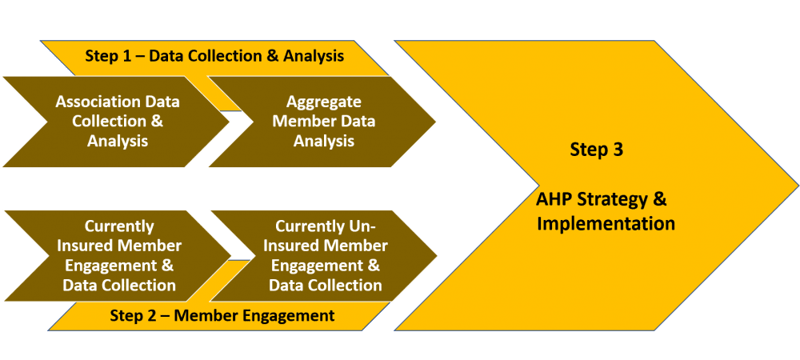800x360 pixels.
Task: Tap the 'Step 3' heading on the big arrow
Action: coord(597,150)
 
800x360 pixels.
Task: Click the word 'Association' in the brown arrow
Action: coord(95,102)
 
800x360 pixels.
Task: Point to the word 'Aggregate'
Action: coord(324,102)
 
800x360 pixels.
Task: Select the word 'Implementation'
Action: coord(606,223)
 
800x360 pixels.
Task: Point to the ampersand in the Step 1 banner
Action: coord(274,55)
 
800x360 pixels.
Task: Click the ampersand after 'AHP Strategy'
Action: coord(659,199)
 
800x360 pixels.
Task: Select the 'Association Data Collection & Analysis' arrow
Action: coord(118,122)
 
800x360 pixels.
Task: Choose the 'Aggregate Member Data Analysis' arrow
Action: coord(323,122)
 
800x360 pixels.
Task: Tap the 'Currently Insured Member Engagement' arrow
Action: coord(118,256)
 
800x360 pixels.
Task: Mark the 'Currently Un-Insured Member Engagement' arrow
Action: coord(324,256)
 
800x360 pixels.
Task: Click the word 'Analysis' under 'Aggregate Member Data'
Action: coord(324,141)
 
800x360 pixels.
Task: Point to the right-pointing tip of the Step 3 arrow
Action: coord(798,185)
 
